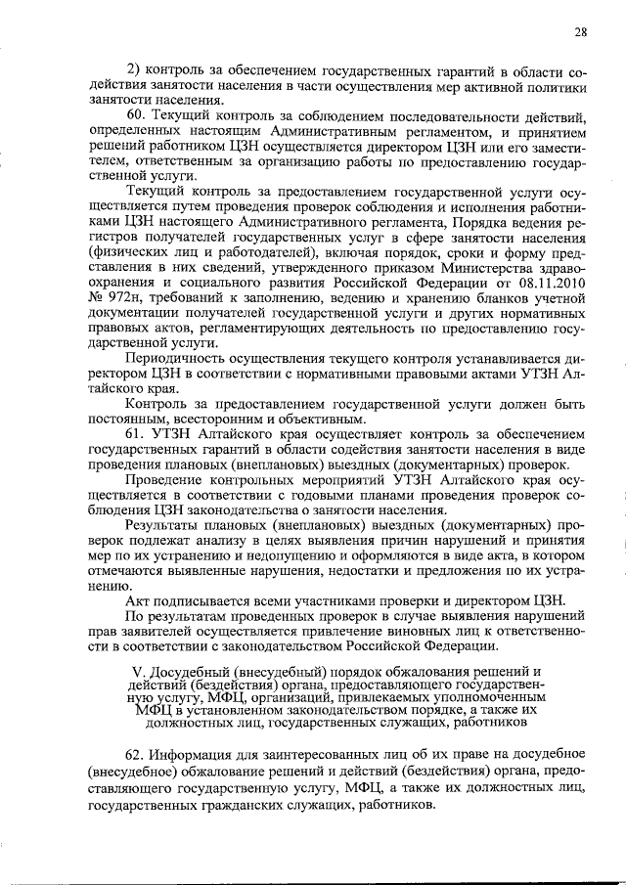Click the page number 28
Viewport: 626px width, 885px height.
tap(580, 32)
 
